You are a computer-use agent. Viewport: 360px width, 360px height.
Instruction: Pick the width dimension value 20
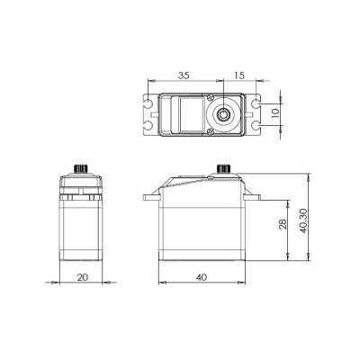(x=82, y=278)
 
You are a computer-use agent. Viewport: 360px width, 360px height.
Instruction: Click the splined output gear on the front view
(x=82, y=171)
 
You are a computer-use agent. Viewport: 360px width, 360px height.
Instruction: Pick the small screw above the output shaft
(x=210, y=97)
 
